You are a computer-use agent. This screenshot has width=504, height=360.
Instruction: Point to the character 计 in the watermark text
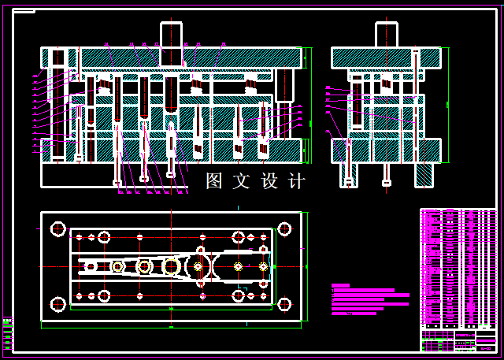[x=296, y=181]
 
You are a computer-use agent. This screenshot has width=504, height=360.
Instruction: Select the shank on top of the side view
[x=386, y=35]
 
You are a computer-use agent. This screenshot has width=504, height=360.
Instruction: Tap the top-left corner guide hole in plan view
[x=57, y=229]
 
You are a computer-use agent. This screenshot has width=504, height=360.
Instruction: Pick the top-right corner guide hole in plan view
[x=284, y=229]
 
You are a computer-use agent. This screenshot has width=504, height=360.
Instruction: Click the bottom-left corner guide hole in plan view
[x=57, y=304]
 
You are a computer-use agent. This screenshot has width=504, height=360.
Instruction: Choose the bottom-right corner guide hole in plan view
[x=284, y=304]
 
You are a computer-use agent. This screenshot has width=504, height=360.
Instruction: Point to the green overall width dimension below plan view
[x=171, y=324]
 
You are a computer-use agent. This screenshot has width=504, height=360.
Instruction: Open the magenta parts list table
[x=458, y=268]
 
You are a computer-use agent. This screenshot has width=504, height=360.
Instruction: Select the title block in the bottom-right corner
[x=458, y=340]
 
